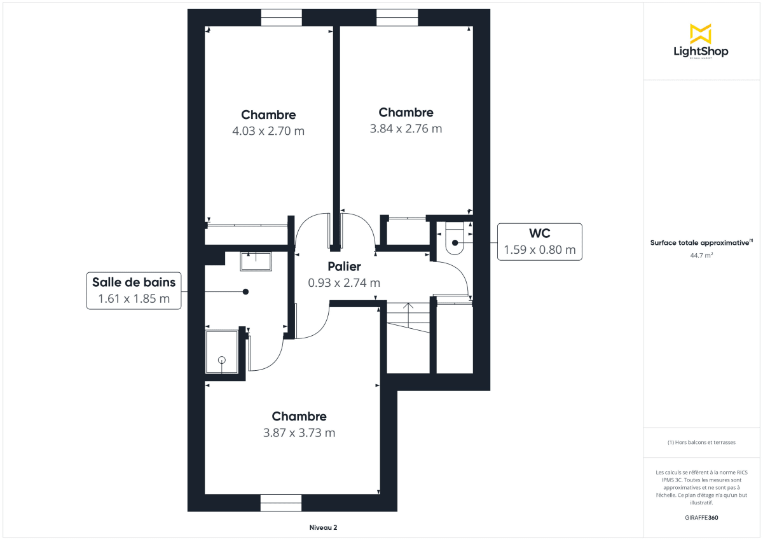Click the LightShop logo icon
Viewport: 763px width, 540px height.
[x=701, y=34]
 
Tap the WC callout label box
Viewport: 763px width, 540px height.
[x=539, y=242]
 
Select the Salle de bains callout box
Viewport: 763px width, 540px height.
[x=134, y=291]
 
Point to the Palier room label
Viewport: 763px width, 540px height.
[x=344, y=267]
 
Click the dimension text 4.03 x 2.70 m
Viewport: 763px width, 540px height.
[x=268, y=131]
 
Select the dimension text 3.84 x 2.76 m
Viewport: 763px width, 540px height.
[x=406, y=128]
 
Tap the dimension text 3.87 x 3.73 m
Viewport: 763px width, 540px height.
[x=299, y=433]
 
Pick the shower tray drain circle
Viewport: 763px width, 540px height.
[x=222, y=360]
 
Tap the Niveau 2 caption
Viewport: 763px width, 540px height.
[x=323, y=527]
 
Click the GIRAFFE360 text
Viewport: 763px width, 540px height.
[x=701, y=518]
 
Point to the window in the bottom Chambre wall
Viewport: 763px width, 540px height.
[x=281, y=502]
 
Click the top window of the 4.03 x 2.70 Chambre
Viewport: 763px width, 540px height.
[x=281, y=18]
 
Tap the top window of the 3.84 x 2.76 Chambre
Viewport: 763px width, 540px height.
[x=397, y=18]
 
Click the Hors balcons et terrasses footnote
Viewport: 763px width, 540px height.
[x=701, y=442]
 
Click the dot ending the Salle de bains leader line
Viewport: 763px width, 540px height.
[x=245, y=291]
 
